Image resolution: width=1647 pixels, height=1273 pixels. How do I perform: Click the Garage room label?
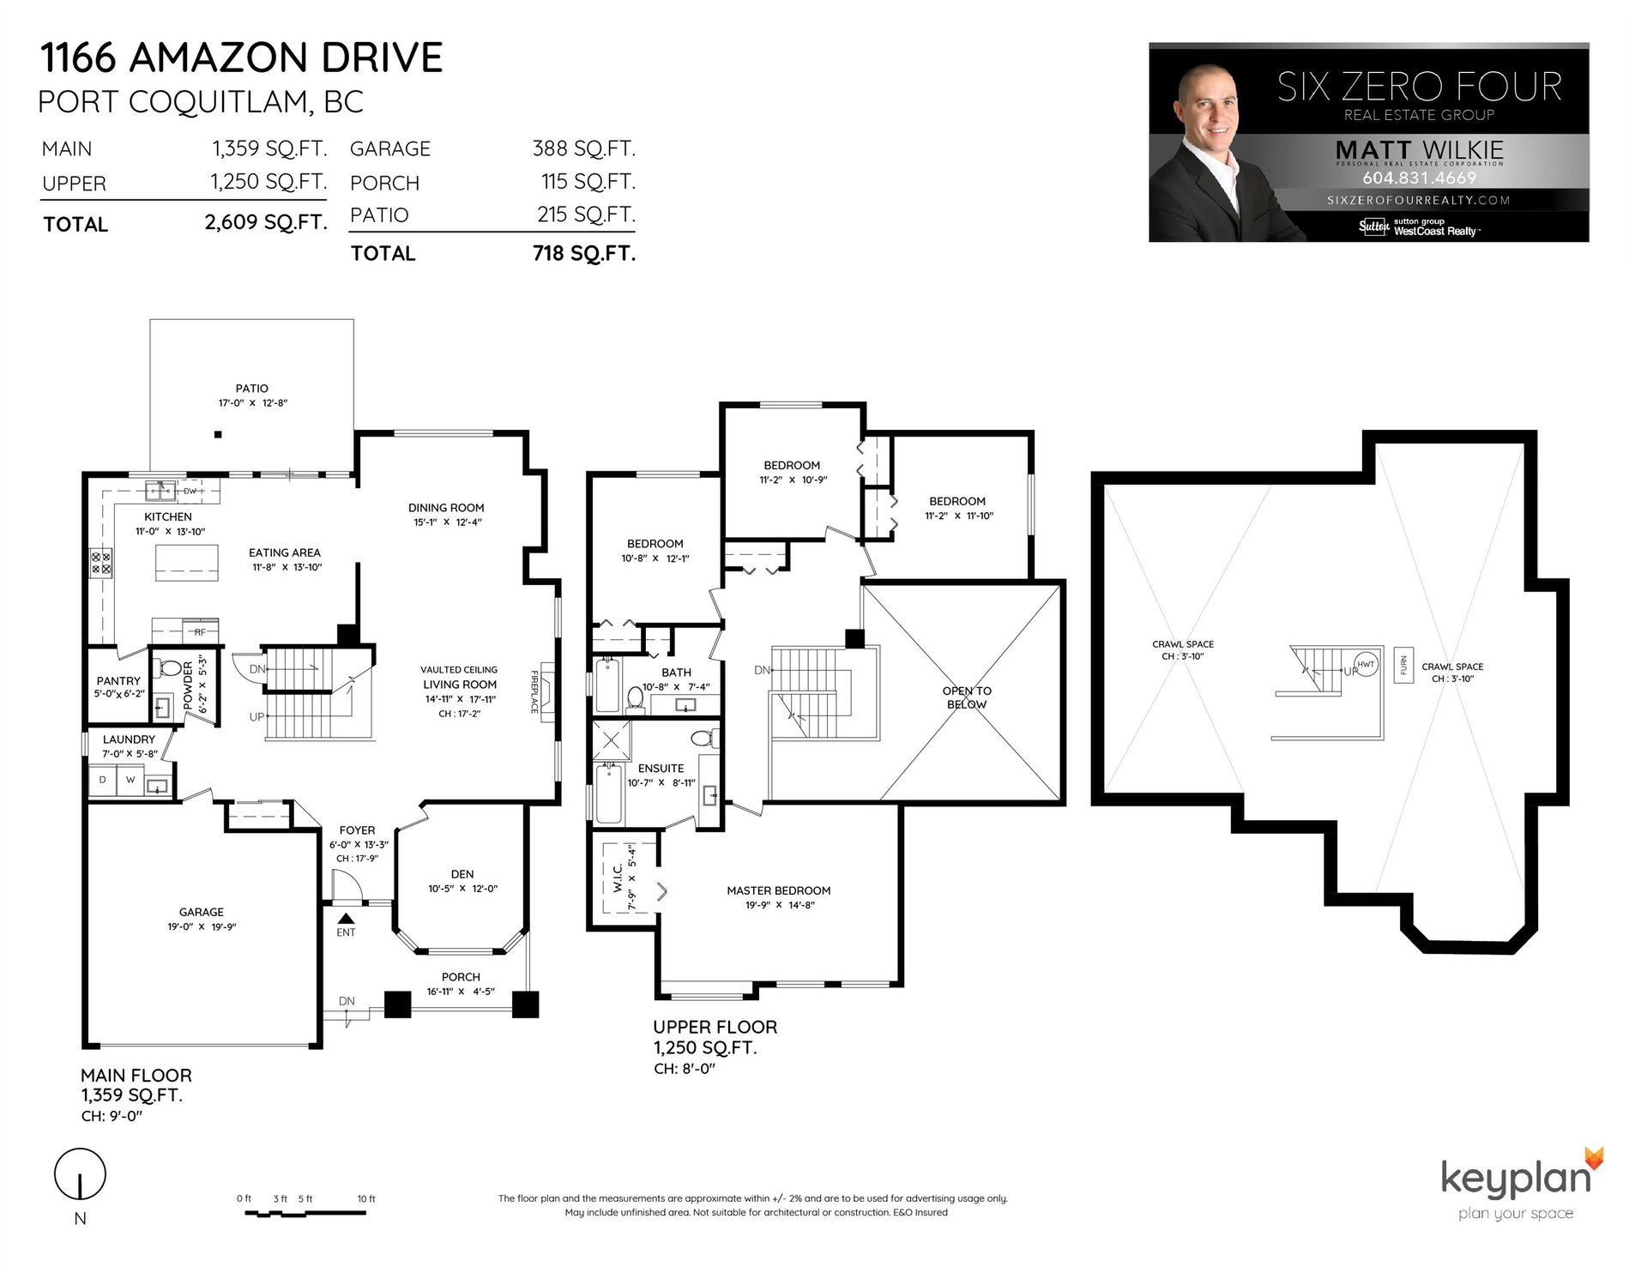(x=202, y=912)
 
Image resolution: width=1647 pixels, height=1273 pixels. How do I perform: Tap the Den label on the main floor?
(x=462, y=874)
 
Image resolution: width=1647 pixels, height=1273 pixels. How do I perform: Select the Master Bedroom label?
(x=779, y=890)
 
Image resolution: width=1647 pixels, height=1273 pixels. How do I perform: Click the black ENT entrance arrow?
(x=346, y=918)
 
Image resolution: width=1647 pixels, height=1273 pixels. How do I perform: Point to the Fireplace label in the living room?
(x=534, y=691)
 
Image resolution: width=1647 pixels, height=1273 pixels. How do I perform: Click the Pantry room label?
(x=118, y=681)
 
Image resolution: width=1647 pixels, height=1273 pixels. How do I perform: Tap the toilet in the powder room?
(x=168, y=669)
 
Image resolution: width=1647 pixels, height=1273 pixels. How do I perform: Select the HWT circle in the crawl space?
(x=1366, y=665)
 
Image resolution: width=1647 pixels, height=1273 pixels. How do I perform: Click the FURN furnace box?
(x=1404, y=664)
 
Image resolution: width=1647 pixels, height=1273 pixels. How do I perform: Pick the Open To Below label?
(x=967, y=697)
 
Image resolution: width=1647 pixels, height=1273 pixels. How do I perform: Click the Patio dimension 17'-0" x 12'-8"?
(x=252, y=403)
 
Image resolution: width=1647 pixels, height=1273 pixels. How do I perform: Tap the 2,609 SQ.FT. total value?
(x=266, y=223)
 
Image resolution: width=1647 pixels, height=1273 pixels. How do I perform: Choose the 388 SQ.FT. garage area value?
(x=584, y=148)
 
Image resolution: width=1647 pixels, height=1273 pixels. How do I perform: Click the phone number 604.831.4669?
(x=1420, y=178)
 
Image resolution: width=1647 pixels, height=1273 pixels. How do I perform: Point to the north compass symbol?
(x=80, y=1173)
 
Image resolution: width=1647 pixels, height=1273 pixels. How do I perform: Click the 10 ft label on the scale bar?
(x=366, y=1199)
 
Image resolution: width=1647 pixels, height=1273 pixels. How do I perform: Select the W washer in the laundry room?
(x=130, y=780)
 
